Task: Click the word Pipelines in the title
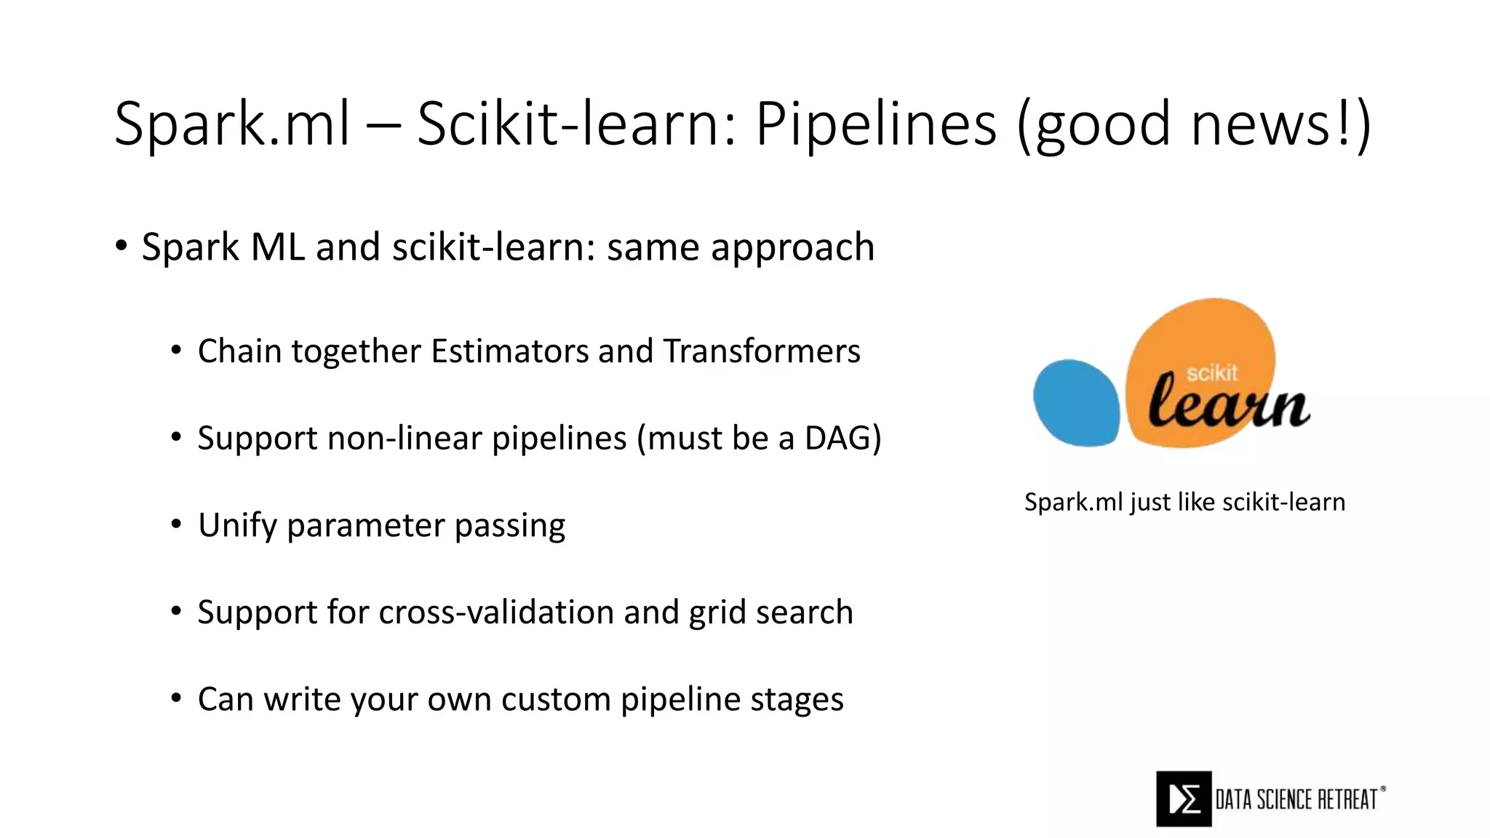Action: tap(875, 124)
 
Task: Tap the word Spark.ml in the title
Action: tap(233, 124)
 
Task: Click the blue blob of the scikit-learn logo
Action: tap(1077, 402)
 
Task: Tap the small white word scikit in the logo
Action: tap(1211, 373)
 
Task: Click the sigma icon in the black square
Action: tap(1184, 799)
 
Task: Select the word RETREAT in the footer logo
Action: tap(1348, 799)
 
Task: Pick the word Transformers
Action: tap(762, 351)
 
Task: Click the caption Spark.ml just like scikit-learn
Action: tap(1184, 502)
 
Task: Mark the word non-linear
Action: tap(402, 438)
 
